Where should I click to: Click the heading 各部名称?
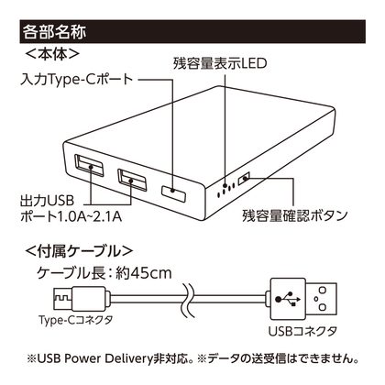(x=54, y=32)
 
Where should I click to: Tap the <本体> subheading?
(x=52, y=54)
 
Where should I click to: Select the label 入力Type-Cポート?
(x=77, y=80)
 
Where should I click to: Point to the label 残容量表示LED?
(x=220, y=63)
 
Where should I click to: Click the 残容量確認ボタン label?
(x=295, y=215)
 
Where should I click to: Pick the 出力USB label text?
(x=47, y=201)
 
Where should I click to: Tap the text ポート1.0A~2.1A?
(x=71, y=216)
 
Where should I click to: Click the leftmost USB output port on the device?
(x=89, y=165)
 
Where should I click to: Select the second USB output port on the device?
(x=132, y=180)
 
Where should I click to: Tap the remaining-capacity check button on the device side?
(x=244, y=178)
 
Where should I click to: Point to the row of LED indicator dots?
(x=225, y=190)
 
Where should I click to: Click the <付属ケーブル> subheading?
(x=79, y=251)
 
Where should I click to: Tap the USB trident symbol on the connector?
(x=288, y=299)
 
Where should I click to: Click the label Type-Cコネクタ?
(x=76, y=320)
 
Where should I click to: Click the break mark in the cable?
(x=188, y=300)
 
